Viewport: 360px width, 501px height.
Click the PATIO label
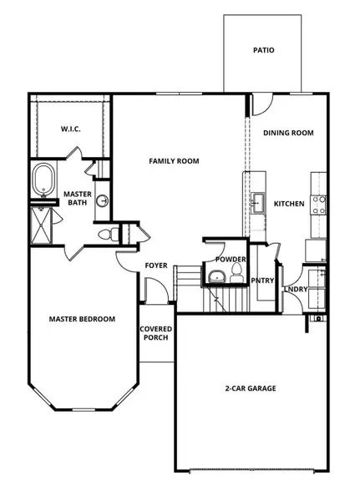tap(264, 50)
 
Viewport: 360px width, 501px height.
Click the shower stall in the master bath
tap(41, 222)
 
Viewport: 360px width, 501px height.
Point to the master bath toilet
tap(105, 235)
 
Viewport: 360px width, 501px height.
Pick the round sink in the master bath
tap(102, 201)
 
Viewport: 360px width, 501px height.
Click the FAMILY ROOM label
tap(174, 161)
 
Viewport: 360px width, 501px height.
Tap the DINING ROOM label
tap(287, 133)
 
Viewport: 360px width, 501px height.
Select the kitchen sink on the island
tap(257, 202)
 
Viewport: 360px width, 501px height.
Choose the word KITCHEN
tap(289, 204)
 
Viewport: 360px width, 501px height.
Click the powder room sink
tap(217, 276)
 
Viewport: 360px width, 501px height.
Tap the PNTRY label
tap(262, 281)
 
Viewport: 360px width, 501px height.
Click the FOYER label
tap(156, 266)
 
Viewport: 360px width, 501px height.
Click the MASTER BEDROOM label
tap(81, 319)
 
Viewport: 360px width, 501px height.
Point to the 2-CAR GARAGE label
tap(251, 388)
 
